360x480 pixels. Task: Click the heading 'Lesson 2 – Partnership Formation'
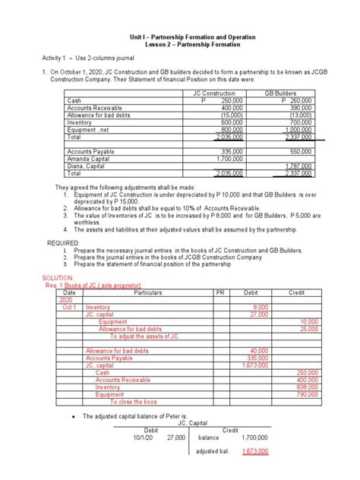coord(180,46)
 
